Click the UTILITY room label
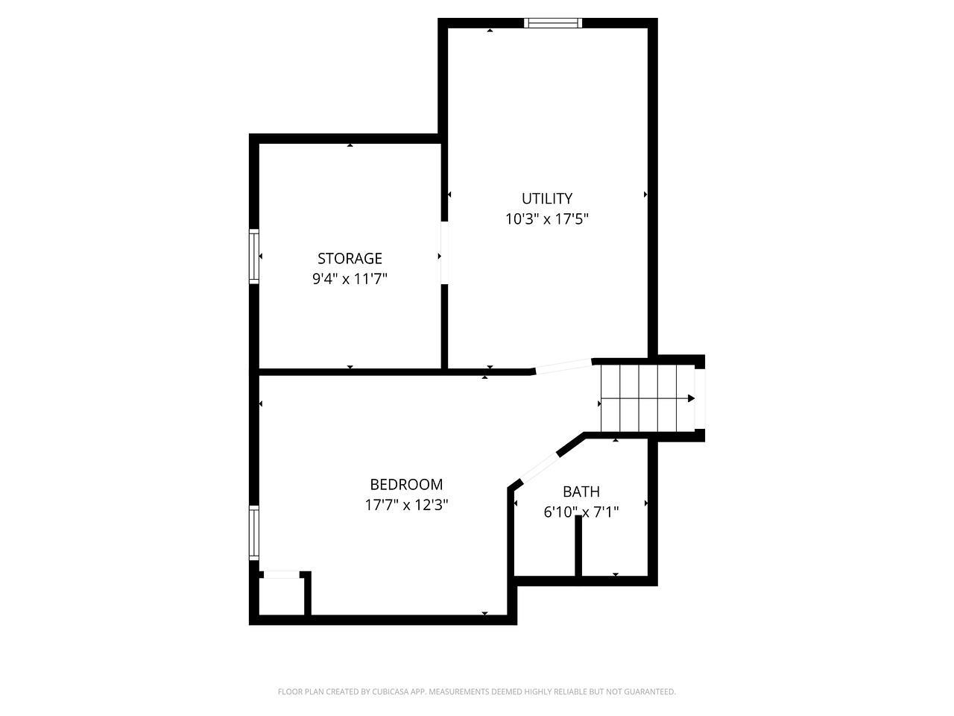pos(547,198)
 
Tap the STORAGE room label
pos(350,259)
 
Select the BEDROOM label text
pos(406,484)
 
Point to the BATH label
pos(581,492)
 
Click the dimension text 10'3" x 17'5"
pos(547,219)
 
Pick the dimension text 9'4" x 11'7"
pos(350,279)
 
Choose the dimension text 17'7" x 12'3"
pos(406,505)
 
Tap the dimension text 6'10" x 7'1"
pos(581,512)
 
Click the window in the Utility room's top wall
pos(553,23)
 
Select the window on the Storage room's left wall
pos(254,257)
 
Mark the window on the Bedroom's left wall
pos(254,533)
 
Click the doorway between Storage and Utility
pos(444,253)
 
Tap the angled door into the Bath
pos(540,468)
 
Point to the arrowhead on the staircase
pos(691,398)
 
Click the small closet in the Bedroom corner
pos(282,597)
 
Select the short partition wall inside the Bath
pos(578,546)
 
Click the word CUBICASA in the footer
pos(391,691)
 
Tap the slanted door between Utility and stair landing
pos(563,366)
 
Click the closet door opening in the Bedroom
pos(281,575)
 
